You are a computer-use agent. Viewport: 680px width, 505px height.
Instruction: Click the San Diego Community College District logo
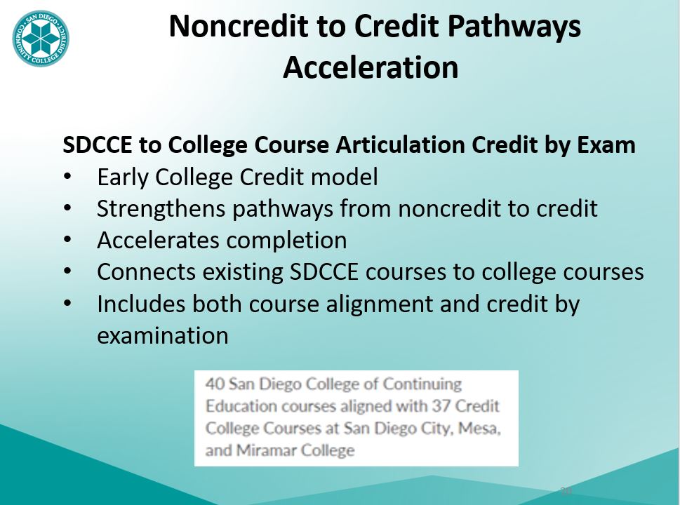(41, 39)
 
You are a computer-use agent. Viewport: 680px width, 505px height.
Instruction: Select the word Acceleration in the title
(371, 67)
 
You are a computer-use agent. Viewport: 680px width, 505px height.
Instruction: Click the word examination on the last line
(163, 336)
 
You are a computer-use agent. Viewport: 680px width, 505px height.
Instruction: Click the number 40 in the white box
(213, 384)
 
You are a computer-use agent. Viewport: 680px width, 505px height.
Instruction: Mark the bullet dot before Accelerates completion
(67, 241)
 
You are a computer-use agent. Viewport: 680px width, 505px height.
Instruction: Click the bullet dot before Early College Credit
(67, 177)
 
